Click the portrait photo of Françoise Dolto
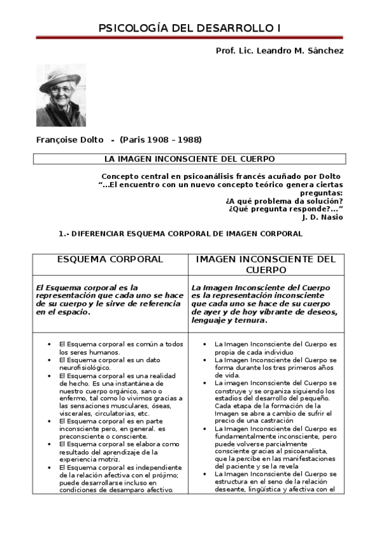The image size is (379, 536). (61, 95)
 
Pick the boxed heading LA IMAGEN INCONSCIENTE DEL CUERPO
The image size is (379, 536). (189, 159)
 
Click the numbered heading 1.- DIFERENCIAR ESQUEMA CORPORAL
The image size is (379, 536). (180, 233)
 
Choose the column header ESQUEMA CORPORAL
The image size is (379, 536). (110, 260)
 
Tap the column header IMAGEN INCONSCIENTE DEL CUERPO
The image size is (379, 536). (266, 265)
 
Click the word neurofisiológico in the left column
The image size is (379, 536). (85, 367)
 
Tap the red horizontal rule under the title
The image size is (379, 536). (189, 38)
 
